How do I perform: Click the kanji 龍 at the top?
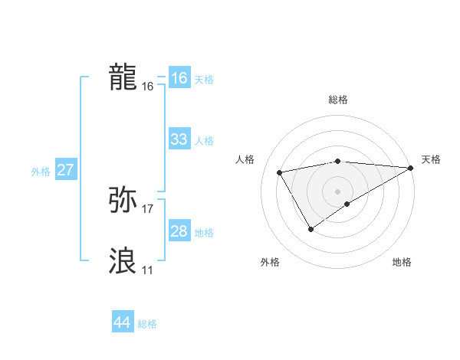click(123, 77)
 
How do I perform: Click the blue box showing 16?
click(179, 78)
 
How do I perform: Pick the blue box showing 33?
click(179, 139)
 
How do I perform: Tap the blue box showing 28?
click(179, 231)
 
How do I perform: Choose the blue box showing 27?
click(65, 170)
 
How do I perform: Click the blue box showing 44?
click(122, 323)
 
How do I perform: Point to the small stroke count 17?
click(148, 209)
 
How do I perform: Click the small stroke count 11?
click(147, 270)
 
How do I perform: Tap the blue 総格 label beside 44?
click(147, 324)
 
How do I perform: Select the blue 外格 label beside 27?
click(41, 172)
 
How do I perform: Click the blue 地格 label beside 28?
click(204, 233)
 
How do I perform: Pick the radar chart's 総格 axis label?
click(338, 100)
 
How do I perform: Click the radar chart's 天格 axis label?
click(431, 159)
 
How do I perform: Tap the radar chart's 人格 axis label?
click(245, 159)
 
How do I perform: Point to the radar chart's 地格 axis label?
click(402, 263)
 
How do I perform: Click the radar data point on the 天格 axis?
click(411, 168)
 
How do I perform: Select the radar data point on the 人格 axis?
click(281, 173)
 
